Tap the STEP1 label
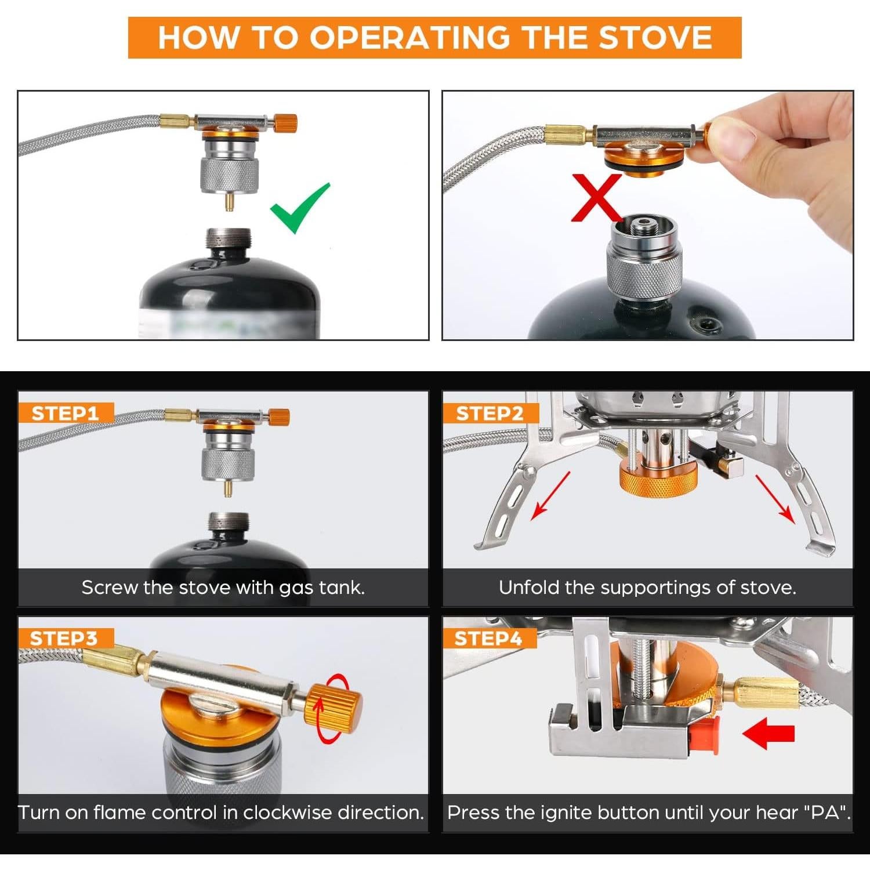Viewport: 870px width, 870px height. click(x=65, y=414)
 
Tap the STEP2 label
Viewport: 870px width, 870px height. click(x=490, y=414)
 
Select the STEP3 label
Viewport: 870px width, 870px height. click(x=64, y=639)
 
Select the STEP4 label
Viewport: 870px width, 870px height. click(x=488, y=639)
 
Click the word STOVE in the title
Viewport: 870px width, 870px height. click(x=655, y=37)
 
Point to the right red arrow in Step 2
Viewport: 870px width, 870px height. click(x=774, y=498)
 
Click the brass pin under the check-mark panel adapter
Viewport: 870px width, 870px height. click(x=230, y=201)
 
